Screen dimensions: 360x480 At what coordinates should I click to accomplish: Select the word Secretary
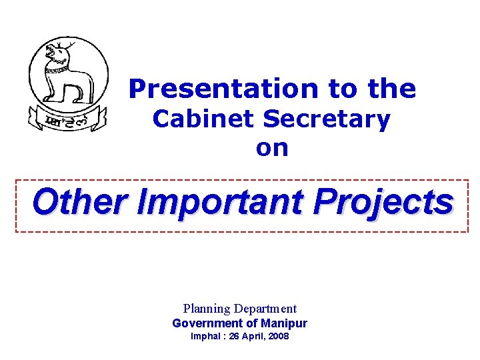[x=327, y=119]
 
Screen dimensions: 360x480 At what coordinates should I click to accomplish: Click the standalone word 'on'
[x=272, y=148]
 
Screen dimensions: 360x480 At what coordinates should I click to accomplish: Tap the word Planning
[x=206, y=309]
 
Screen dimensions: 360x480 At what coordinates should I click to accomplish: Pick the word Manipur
[x=285, y=323]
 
